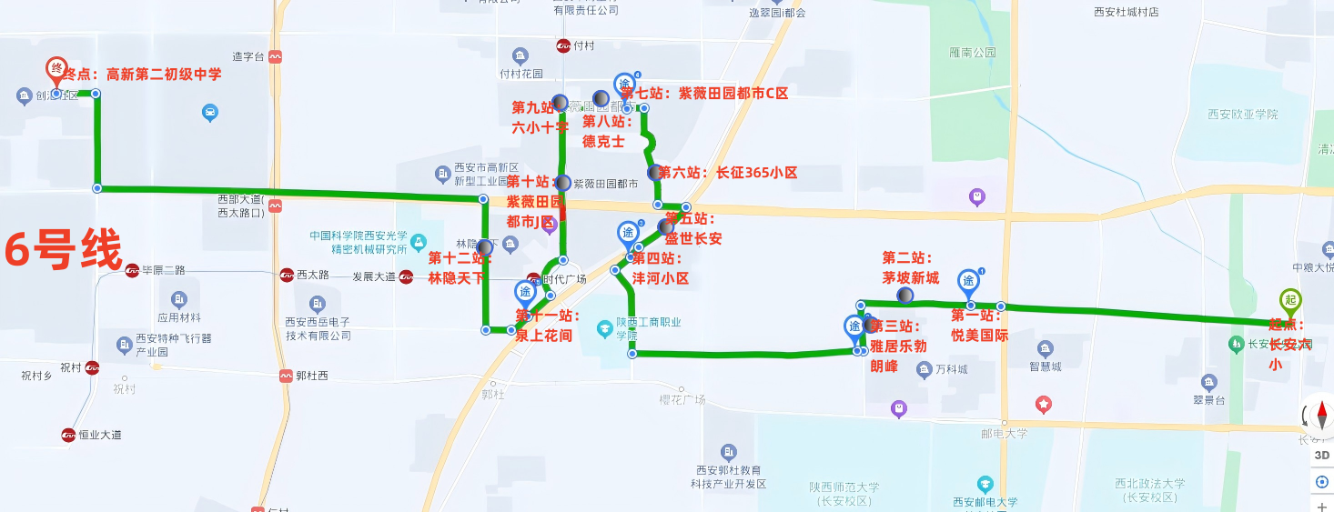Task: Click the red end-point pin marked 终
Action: click(56, 69)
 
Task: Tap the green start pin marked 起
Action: click(1289, 301)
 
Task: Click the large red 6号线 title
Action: click(63, 250)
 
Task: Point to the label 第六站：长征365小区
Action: click(728, 172)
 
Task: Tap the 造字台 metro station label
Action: click(248, 56)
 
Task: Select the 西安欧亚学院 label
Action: click(1242, 115)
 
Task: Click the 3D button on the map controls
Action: click(1322, 455)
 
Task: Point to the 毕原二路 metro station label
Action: click(163, 270)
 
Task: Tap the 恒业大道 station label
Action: click(97, 435)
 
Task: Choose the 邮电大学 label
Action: click(1005, 434)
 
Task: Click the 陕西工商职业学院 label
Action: click(648, 327)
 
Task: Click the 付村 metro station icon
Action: click(564, 45)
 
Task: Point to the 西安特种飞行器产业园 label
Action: click(174, 345)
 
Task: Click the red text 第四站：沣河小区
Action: click(662, 268)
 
